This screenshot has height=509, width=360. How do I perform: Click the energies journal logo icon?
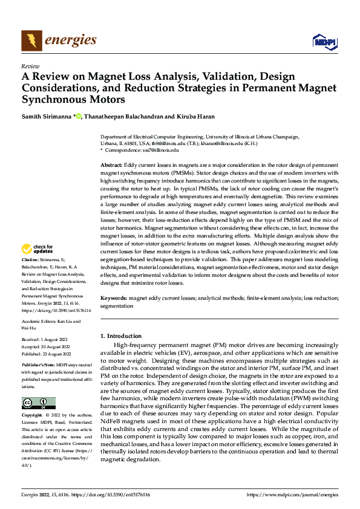(30, 41)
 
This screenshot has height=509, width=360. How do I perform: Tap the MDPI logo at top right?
(324, 41)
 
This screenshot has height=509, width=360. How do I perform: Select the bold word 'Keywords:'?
(113, 299)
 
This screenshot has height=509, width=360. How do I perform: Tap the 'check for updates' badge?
(38, 249)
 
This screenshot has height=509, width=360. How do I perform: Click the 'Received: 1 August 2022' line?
(46, 341)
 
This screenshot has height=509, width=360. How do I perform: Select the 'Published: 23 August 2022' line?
(47, 354)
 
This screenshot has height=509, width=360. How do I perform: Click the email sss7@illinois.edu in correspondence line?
(157, 150)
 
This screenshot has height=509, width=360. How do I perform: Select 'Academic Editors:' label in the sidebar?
(39, 322)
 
